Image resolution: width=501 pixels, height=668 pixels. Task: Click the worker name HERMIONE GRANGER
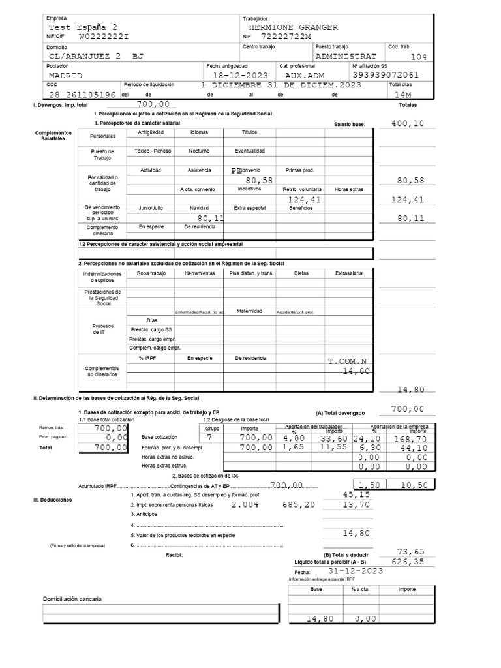coord(293,27)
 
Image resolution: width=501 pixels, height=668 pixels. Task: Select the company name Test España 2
coord(83,27)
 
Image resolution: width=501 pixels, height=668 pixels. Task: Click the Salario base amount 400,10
coord(408,123)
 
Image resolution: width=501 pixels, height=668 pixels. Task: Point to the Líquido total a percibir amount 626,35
coord(408,561)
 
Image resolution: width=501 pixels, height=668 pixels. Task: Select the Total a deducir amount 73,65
coord(411,551)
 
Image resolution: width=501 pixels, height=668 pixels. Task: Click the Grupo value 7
coord(209,438)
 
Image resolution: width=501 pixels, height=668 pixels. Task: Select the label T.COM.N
coord(348,361)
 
